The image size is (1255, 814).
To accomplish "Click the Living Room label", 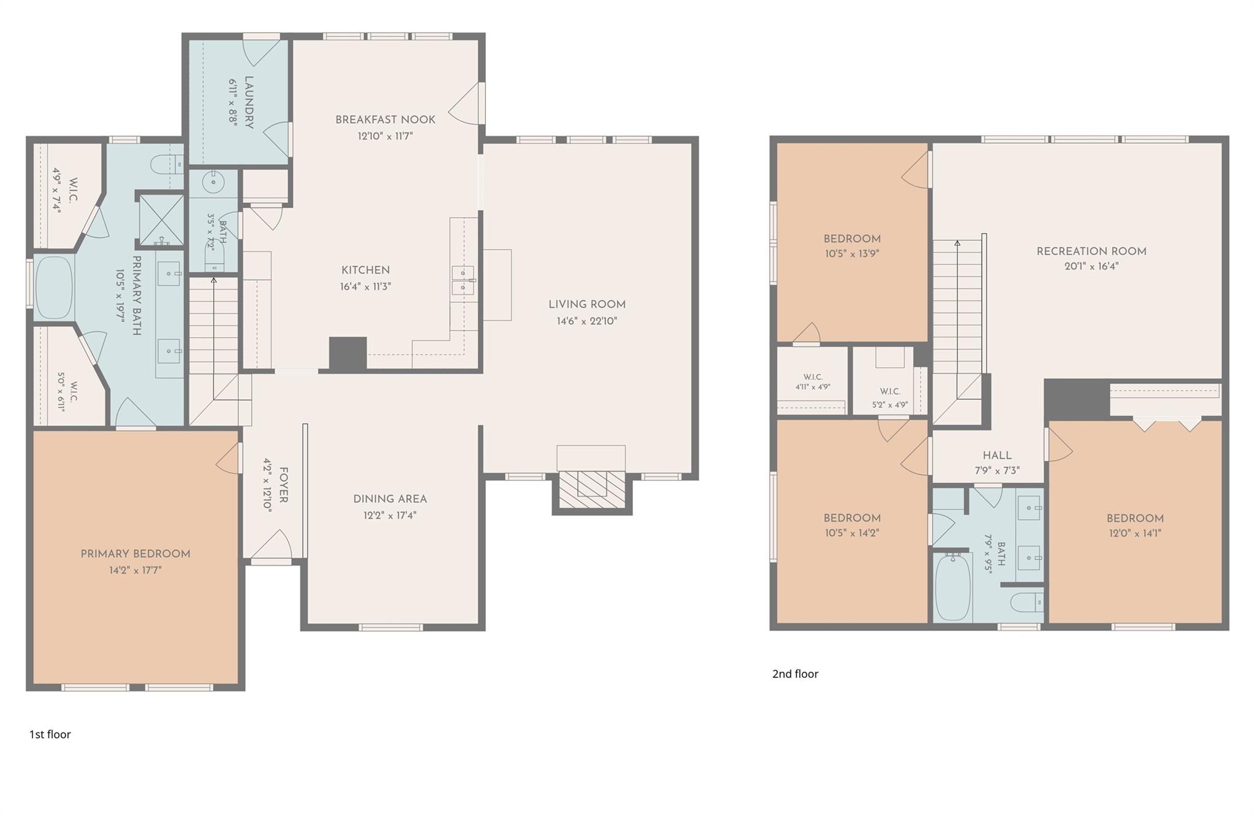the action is click(x=586, y=305).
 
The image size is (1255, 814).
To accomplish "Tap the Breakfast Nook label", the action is click(x=385, y=120).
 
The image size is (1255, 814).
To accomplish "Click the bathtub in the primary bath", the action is click(x=53, y=287).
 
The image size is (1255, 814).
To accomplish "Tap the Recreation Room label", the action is click(x=1091, y=251).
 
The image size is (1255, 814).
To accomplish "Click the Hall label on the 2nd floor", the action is click(x=997, y=455).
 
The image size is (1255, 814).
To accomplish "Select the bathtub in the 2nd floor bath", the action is click(x=953, y=587).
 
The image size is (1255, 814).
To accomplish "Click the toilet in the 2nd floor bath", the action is click(x=1026, y=602).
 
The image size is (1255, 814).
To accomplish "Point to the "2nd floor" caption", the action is click(x=795, y=674).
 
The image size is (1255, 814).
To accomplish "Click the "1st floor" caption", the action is click(x=50, y=734).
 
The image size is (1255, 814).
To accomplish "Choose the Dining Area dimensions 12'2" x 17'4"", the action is click(x=390, y=515).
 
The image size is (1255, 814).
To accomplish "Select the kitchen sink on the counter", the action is click(x=463, y=280).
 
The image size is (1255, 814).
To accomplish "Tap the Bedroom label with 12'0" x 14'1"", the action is click(x=1135, y=518).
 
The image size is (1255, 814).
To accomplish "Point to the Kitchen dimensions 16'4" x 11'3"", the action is click(x=366, y=286).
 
